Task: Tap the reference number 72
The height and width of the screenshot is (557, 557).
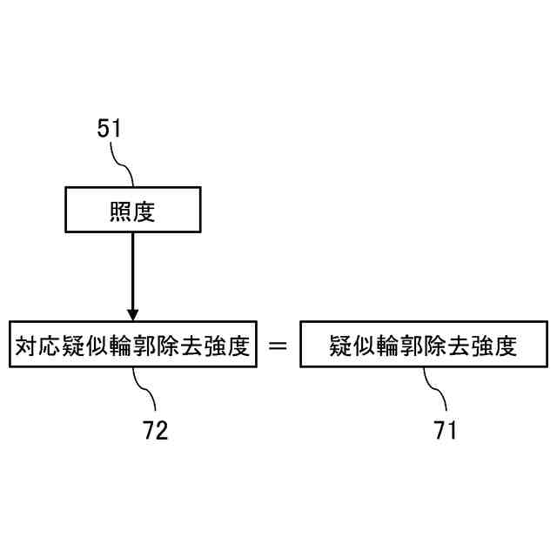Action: click(156, 430)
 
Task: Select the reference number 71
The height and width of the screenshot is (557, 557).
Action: click(444, 430)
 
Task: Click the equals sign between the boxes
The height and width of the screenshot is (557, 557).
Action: click(278, 346)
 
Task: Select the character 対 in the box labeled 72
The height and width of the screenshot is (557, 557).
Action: click(26, 346)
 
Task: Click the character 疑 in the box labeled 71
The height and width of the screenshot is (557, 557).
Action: click(340, 346)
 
